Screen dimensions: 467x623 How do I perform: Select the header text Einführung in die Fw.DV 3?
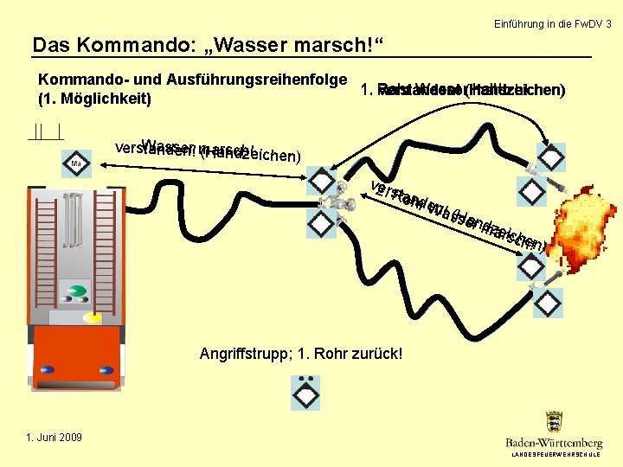coord(552,24)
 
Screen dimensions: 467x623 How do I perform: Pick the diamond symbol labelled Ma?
coord(76,163)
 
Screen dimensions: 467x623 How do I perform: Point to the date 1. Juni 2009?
coord(53,437)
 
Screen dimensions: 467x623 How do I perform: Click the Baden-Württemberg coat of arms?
coord(554,422)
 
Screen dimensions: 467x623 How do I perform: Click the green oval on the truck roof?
coord(78,291)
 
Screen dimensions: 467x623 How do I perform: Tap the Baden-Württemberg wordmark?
coord(554,442)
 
